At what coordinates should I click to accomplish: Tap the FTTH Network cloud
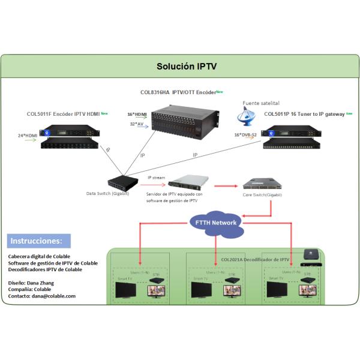tap(217, 223)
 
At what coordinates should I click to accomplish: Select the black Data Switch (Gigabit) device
tap(123, 182)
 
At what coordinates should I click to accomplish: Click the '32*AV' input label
tap(137, 124)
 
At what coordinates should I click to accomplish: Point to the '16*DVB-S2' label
tap(247, 135)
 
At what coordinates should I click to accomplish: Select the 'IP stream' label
tap(157, 177)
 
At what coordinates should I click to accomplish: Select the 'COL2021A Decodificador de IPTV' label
tap(255, 259)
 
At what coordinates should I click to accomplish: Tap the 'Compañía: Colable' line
tap(30, 289)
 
